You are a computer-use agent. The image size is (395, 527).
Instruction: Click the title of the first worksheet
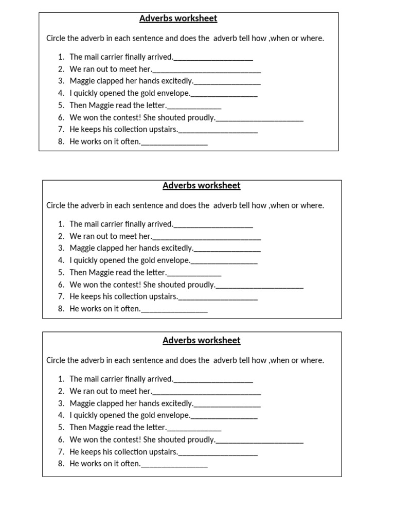pyautogui.click(x=178, y=19)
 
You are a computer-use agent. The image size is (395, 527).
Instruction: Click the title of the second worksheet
pyautogui.click(x=201, y=186)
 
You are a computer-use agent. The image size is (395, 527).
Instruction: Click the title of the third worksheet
pyautogui.click(x=201, y=340)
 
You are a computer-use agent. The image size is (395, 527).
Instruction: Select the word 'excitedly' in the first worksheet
pyautogui.click(x=176, y=81)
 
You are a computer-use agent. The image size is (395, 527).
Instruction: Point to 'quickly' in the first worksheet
pyautogui.click(x=86, y=93)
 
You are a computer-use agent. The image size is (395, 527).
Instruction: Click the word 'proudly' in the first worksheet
pyautogui.click(x=201, y=117)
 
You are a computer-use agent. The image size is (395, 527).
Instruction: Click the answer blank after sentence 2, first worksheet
pyautogui.click(x=207, y=71)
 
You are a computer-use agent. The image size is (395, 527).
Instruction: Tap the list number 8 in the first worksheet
pyautogui.click(x=61, y=142)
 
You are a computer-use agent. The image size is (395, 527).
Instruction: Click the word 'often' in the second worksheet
pyautogui.click(x=130, y=309)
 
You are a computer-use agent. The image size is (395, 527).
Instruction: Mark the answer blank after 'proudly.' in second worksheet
pyautogui.click(x=260, y=286)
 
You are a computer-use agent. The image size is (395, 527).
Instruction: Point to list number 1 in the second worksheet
pyautogui.click(x=61, y=224)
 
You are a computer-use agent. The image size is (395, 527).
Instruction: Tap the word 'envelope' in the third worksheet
pyautogui.click(x=174, y=415)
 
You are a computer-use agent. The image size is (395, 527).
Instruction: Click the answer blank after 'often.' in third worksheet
pyautogui.click(x=174, y=465)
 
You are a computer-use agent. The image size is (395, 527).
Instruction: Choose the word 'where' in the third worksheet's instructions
pyautogui.click(x=313, y=360)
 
